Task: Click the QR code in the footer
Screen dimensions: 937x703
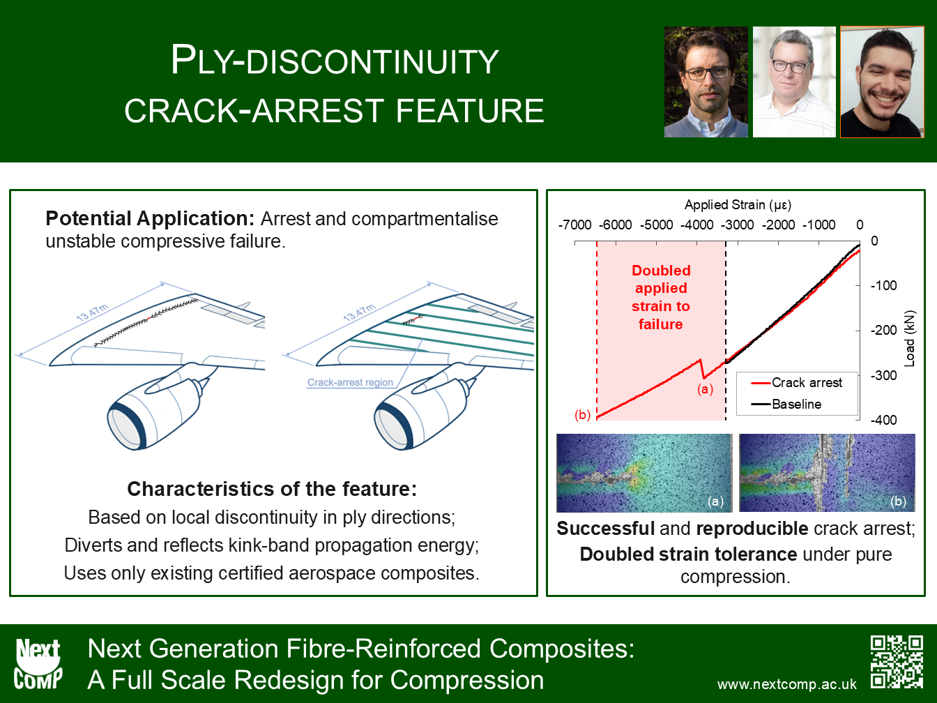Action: point(897,662)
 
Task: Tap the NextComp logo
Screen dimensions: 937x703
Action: point(38,663)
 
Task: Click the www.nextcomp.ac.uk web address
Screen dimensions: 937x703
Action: point(786,683)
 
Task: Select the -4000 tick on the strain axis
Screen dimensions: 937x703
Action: point(696,225)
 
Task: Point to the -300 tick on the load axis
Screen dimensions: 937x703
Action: point(883,375)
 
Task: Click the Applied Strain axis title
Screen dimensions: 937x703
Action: point(738,205)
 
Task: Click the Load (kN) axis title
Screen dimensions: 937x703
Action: point(910,338)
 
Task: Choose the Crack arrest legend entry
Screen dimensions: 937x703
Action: point(797,382)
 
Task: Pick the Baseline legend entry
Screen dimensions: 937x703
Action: point(786,404)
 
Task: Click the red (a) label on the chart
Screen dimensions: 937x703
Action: point(706,389)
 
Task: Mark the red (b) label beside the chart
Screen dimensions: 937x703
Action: point(582,414)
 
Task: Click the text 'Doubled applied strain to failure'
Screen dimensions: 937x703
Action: point(661,297)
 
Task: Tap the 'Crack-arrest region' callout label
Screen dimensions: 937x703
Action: point(350,382)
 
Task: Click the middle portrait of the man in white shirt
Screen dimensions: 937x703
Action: point(794,82)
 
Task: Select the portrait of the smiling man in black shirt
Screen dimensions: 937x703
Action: point(883,82)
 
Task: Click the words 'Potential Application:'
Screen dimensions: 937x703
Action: point(150,218)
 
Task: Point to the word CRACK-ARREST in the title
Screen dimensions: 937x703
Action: point(254,111)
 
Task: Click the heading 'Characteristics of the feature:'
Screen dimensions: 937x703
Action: point(272,489)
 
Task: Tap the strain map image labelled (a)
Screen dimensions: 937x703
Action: point(644,473)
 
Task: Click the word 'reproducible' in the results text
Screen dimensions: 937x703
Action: point(752,529)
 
